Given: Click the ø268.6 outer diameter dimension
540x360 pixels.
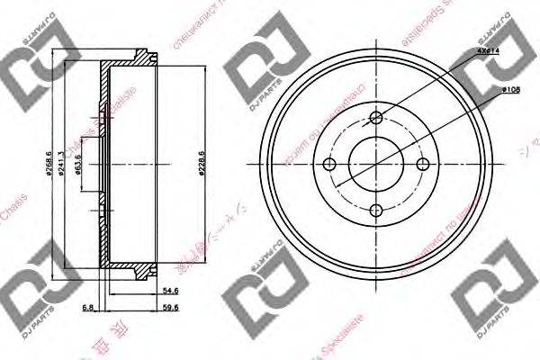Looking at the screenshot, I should tap(51, 166).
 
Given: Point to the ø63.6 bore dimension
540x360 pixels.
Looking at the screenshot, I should tap(79, 166).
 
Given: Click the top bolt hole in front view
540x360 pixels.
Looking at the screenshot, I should tap(378, 115).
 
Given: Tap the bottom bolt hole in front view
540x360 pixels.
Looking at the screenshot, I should tap(378, 211).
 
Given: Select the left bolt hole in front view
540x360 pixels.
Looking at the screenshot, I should tap(330, 163).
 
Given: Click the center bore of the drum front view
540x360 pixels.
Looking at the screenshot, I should tap(378, 163).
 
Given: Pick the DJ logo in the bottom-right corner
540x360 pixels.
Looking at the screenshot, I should tap(491, 298).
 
